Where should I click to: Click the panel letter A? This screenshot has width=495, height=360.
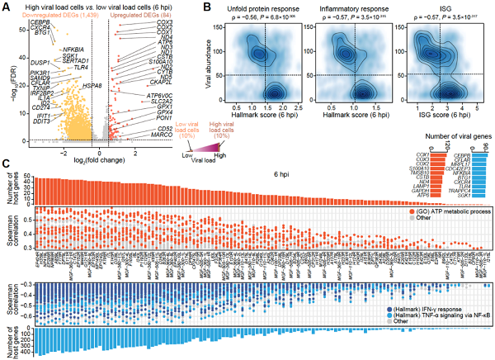coord(6,6)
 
